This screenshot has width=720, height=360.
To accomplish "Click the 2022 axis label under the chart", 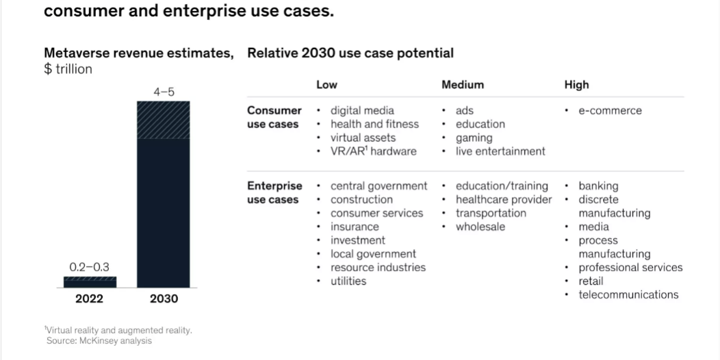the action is (x=90, y=299).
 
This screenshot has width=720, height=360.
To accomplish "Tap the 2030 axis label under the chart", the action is (x=164, y=299).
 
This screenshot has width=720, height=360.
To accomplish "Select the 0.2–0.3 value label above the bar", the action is (x=90, y=267).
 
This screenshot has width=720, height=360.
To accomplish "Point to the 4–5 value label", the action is (x=164, y=92).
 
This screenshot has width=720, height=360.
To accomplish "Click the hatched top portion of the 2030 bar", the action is (x=164, y=120).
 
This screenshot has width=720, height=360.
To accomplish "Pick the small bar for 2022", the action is (x=90, y=282).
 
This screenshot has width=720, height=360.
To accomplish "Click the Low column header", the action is (x=326, y=84).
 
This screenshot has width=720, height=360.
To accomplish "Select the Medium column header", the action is (x=463, y=84).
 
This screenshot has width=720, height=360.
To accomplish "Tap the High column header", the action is (x=576, y=84).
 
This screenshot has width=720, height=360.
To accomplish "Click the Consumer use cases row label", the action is (x=274, y=117).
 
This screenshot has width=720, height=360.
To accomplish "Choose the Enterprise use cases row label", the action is (x=274, y=193).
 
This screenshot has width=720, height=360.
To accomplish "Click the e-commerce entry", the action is (x=610, y=111).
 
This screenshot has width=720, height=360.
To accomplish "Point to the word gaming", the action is (x=474, y=138).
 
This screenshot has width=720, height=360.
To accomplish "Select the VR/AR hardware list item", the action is (x=373, y=151).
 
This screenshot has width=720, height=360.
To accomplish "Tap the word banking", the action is (x=598, y=186).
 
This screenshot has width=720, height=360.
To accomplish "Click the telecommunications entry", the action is (x=628, y=294).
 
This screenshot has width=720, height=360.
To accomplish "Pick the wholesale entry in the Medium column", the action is (x=480, y=227).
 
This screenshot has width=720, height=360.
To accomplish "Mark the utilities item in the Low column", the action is (x=348, y=281).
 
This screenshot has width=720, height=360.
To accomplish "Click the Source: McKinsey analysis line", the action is (x=99, y=341).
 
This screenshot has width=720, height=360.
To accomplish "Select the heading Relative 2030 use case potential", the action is (x=350, y=53).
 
